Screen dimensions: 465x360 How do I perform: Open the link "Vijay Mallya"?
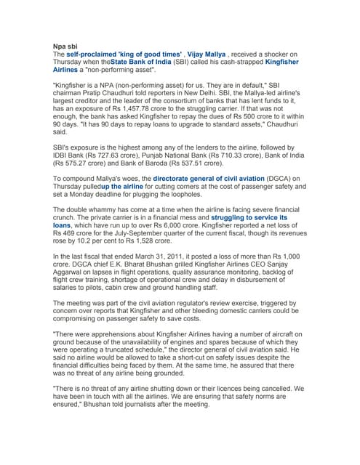[x=211, y=54]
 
